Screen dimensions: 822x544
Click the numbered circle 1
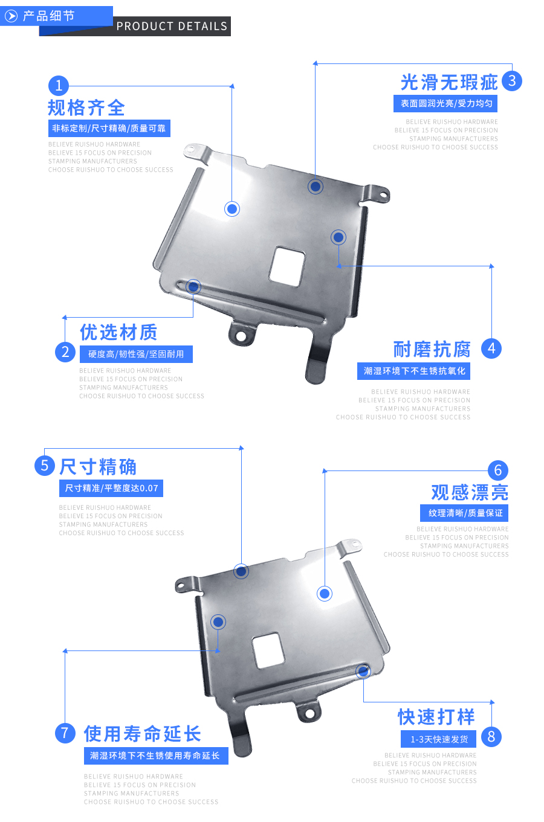59,85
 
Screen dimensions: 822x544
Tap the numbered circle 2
65,352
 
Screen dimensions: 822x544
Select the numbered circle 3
511,81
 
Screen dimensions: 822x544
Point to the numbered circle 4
491,348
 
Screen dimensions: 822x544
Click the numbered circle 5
45,466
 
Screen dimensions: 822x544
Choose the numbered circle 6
498,470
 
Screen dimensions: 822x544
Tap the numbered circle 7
65,733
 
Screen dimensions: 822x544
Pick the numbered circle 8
491,736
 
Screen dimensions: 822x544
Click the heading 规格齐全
86,108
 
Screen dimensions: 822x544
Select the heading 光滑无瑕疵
449,82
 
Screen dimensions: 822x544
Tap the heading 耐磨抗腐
432,349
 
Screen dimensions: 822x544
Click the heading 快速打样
436,717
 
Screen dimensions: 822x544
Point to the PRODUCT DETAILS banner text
172,26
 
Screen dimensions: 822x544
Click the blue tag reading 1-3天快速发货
439,739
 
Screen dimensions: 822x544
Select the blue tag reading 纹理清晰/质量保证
465,513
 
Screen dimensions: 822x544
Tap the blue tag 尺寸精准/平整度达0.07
111,488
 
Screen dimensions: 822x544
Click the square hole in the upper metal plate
287,266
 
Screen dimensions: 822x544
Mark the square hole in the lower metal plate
268,650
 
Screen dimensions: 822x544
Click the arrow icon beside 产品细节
11,16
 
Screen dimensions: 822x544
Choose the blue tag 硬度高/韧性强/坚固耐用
136,354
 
